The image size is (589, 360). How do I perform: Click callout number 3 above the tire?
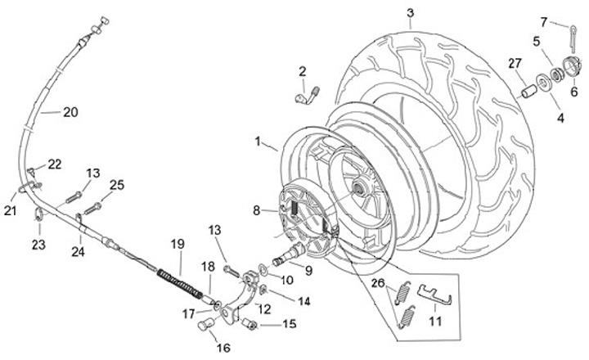point(410,12)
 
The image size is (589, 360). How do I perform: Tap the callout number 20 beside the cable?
point(71,113)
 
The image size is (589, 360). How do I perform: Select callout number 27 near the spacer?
point(514,63)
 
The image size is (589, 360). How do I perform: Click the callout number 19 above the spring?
point(178,243)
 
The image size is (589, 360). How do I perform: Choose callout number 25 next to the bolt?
point(117,186)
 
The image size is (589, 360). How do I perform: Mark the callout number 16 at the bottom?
point(223,348)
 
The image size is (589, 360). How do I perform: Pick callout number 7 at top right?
point(566,21)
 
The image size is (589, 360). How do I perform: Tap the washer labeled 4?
point(541,83)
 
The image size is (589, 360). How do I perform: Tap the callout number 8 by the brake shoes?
point(257,210)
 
